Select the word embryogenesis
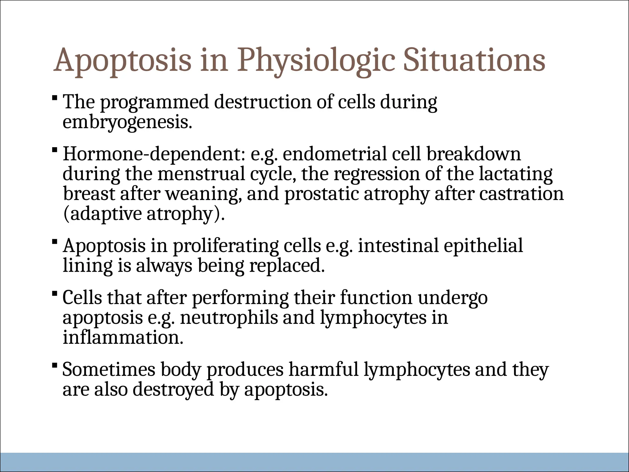127,123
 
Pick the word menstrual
201,174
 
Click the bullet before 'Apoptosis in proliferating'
55,242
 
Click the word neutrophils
229,318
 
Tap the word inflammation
123,337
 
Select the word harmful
324,369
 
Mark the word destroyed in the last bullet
173,389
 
